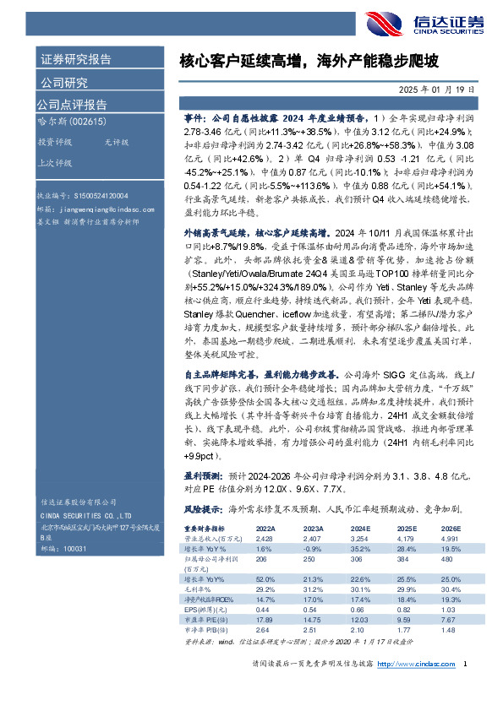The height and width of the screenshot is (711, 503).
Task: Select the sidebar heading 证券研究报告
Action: coord(76,60)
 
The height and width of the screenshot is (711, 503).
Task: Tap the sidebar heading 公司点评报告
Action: coord(72,105)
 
